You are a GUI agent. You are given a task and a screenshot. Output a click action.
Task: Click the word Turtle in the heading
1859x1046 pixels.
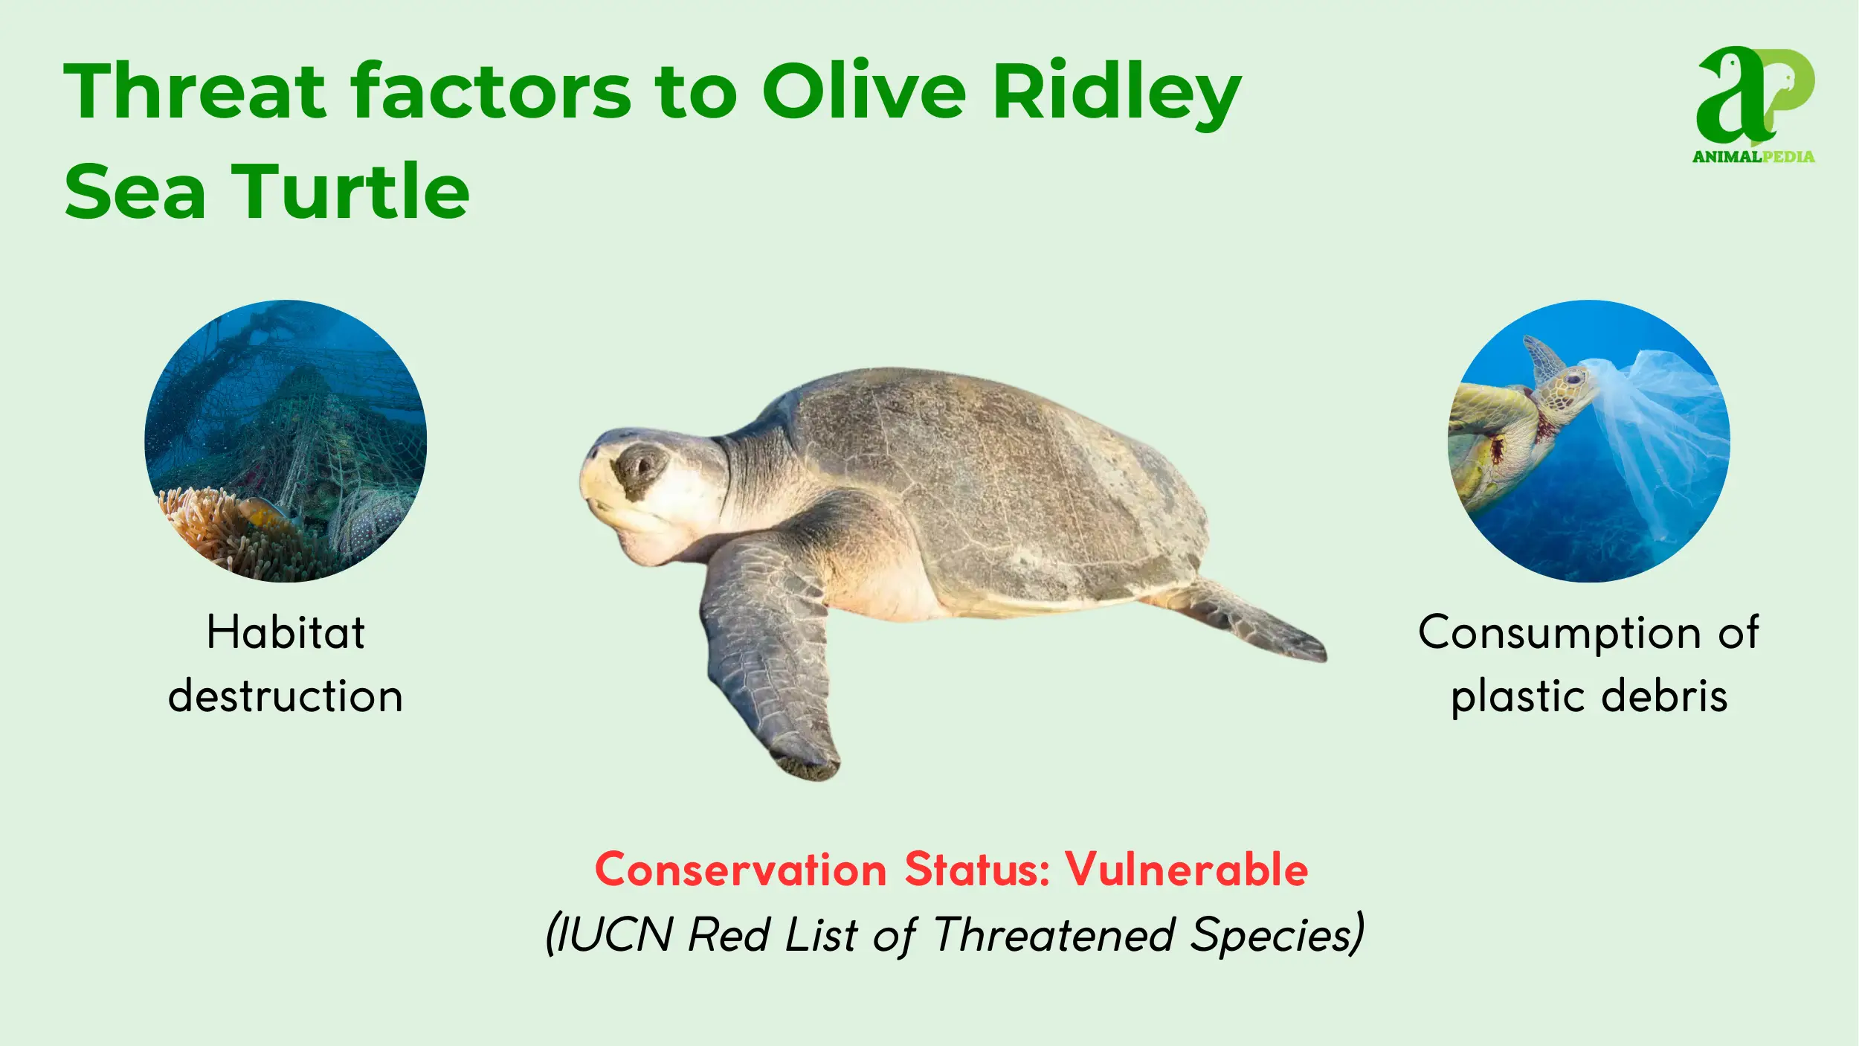coord(351,191)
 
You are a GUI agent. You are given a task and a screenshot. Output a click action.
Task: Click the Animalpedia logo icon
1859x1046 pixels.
coord(1755,97)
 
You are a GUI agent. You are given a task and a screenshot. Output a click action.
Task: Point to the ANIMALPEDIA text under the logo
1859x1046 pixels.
coord(1753,156)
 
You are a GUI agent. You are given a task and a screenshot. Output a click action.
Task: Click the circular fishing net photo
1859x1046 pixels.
coord(286,440)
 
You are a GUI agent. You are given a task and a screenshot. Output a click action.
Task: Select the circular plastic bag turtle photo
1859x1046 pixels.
coord(1589,440)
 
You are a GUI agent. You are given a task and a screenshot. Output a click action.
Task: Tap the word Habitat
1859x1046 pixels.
coord(286,632)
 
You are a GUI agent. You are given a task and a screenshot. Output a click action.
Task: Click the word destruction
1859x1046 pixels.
coord(286,696)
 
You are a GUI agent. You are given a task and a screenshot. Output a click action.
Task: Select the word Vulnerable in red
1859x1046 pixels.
coord(1186,869)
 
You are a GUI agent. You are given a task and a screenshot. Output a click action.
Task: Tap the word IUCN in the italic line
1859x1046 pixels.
coord(614,934)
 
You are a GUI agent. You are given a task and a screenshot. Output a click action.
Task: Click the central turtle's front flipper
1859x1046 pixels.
coord(770,655)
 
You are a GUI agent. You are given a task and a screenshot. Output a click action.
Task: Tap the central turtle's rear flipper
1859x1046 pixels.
coord(1249,621)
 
